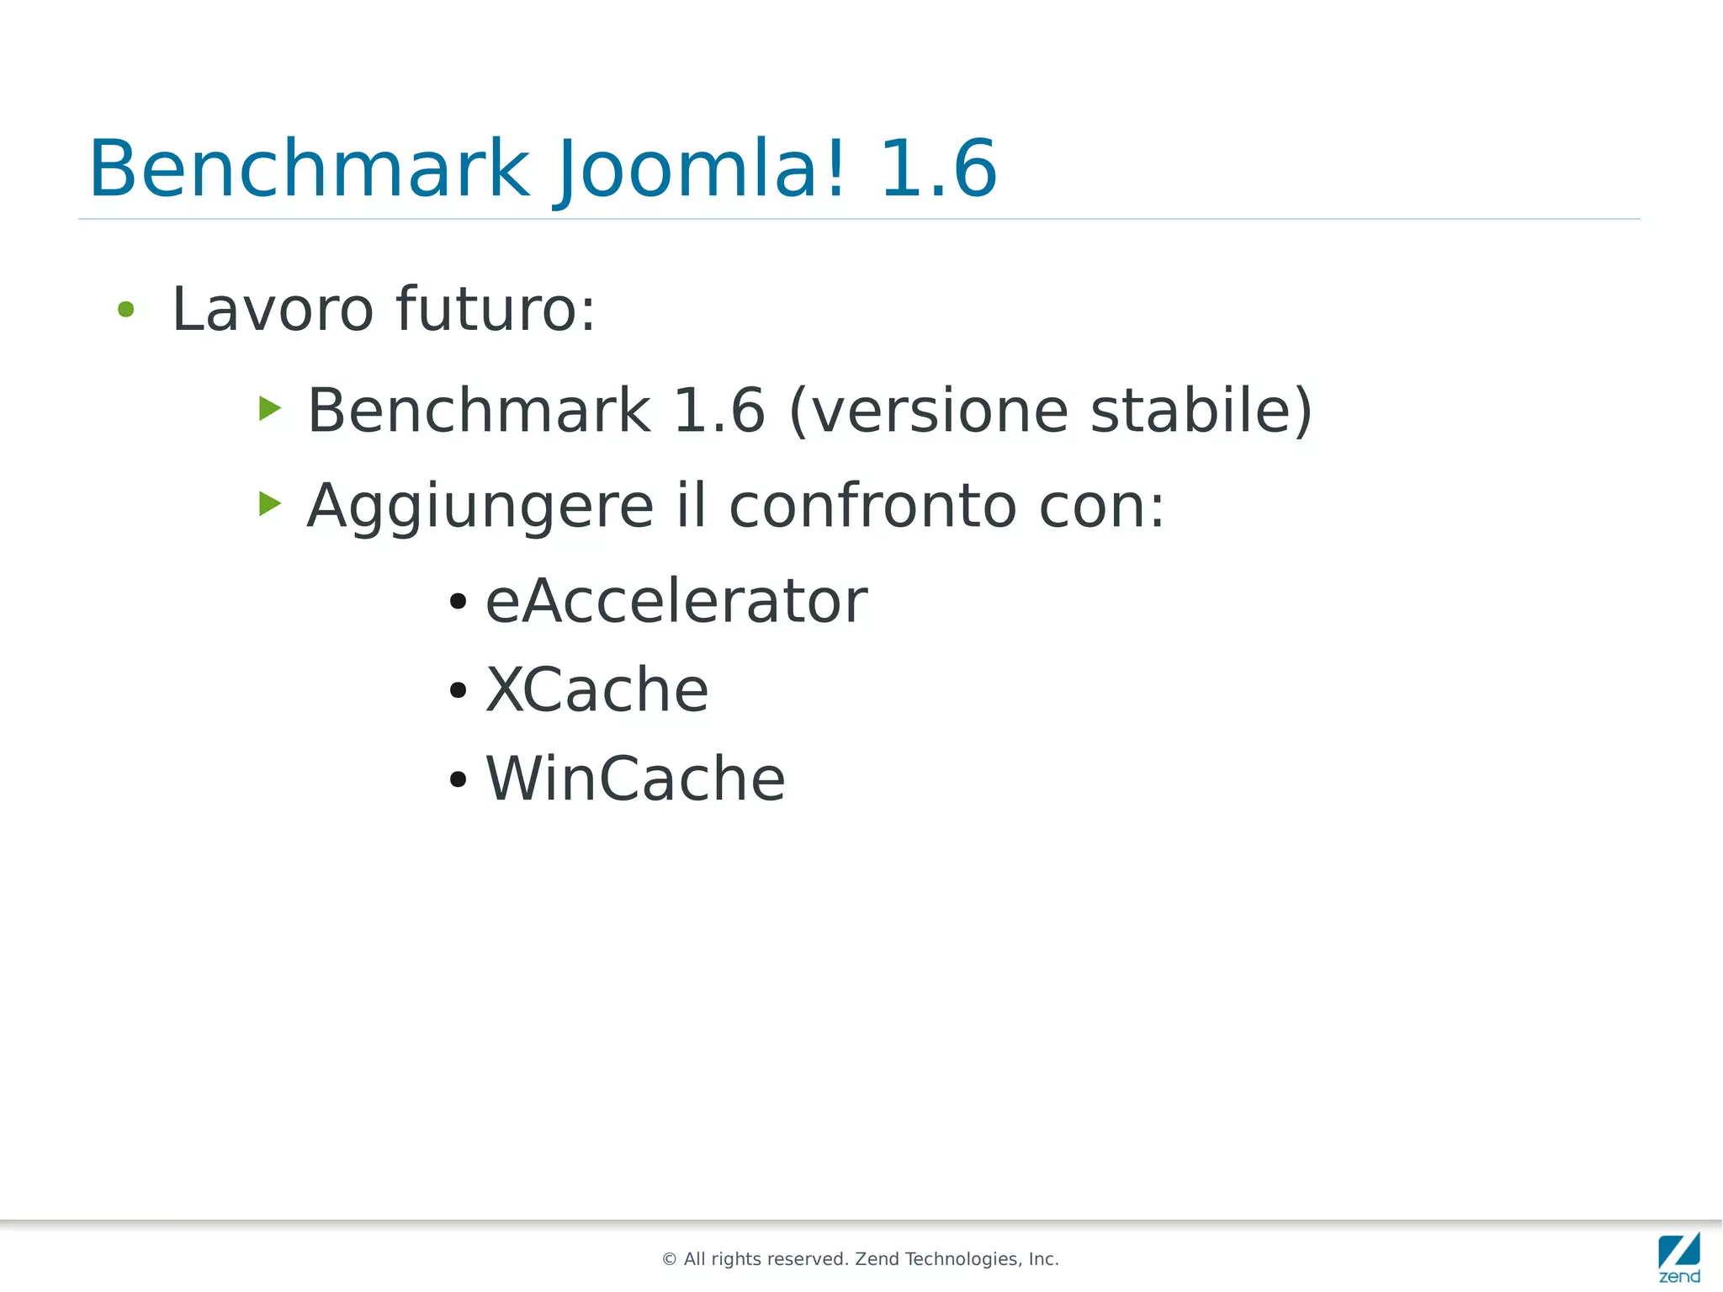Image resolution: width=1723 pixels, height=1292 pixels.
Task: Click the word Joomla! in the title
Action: point(699,170)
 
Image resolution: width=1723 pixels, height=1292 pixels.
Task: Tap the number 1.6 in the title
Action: point(938,170)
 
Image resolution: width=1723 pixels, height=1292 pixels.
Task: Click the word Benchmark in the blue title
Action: point(310,170)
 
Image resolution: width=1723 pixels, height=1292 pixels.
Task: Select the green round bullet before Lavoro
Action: point(126,310)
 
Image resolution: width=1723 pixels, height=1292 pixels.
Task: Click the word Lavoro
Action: point(273,310)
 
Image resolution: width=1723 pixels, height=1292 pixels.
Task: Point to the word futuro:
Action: point(496,310)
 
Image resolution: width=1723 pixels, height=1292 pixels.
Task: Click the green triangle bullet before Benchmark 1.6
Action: point(269,409)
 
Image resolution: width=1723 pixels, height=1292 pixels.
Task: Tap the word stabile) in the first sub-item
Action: point(1201,411)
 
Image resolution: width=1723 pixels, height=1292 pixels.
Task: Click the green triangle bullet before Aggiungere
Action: point(269,504)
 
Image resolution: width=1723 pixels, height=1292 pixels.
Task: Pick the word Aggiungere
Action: point(480,507)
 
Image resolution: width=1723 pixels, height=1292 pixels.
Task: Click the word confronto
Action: point(872,507)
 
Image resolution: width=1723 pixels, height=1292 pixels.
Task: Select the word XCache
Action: point(597,690)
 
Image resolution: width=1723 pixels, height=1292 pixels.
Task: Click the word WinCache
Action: point(635,779)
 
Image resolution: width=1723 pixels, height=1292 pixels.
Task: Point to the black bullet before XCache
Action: point(458,691)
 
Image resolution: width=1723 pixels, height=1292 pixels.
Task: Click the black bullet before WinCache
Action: point(458,779)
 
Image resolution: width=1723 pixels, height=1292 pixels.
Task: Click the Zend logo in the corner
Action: point(1679,1257)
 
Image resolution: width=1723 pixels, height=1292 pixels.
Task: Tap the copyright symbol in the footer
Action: point(670,1259)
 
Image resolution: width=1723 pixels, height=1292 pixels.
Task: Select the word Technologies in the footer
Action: point(962,1259)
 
